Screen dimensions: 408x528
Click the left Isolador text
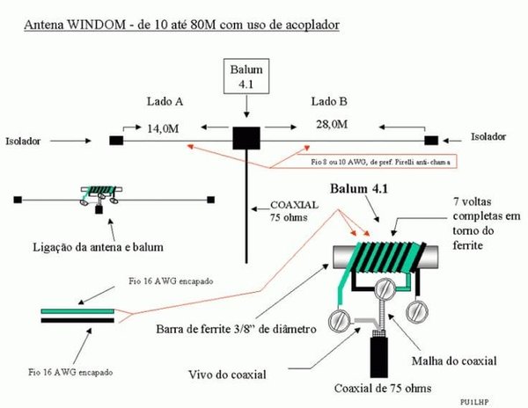[x=23, y=139]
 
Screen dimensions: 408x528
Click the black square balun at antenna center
[x=246, y=139]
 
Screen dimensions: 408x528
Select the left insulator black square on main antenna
[x=115, y=140]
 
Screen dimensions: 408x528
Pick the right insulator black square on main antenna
[x=431, y=140]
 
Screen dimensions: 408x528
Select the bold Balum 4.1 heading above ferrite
[x=364, y=189]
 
